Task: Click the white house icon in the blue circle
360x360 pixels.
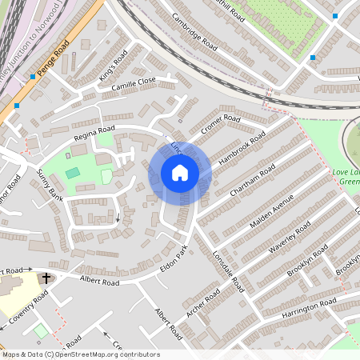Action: tap(180, 173)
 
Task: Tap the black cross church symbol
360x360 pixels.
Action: tap(46, 278)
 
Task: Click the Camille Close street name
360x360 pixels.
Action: tap(134, 84)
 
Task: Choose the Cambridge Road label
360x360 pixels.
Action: tap(194, 33)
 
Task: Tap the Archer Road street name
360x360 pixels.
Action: tap(203, 302)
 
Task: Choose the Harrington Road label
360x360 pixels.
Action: tap(309, 308)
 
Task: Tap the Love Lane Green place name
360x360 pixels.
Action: tap(346, 177)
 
